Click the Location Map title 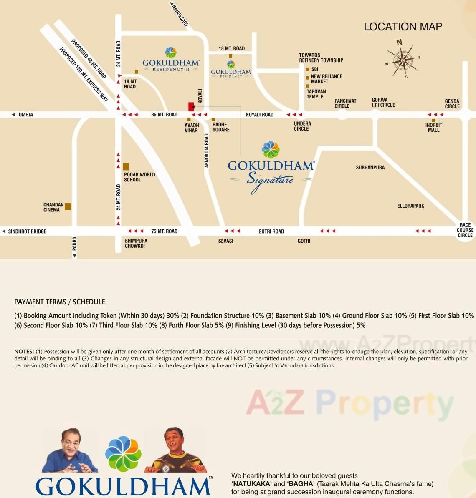(403, 27)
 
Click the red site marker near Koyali (191, 106)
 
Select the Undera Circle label (302, 126)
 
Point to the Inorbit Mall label (433, 128)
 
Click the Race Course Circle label (465, 230)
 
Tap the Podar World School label (139, 177)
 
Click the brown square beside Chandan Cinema (68, 206)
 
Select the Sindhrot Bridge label (27, 231)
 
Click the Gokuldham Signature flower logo (271, 150)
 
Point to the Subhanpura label (370, 167)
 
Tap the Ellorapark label (410, 206)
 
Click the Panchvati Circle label (346, 103)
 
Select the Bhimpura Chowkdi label (136, 243)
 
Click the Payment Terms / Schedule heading (59, 302)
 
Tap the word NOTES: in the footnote (24, 352)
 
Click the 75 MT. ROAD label (164, 231)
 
